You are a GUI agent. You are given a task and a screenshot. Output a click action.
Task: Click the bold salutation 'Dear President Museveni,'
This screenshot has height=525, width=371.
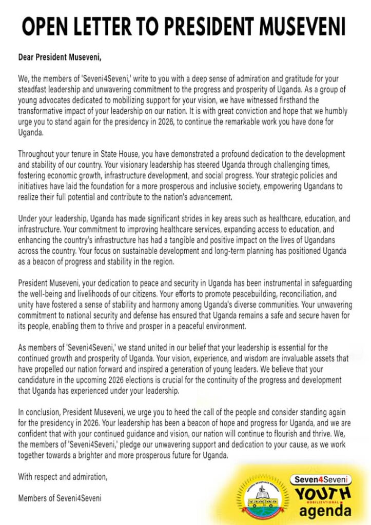point(60,56)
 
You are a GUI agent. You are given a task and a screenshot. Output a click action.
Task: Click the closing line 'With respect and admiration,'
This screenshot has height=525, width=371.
point(63,477)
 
